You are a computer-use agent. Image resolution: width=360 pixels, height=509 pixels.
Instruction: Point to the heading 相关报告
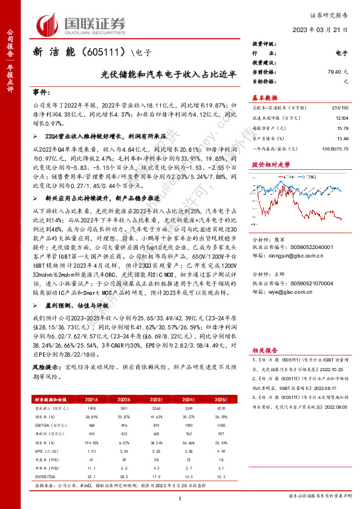pyautogui.click(x=264, y=350)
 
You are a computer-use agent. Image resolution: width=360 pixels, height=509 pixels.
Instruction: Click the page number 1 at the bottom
pyautogui.click(x=180, y=498)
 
